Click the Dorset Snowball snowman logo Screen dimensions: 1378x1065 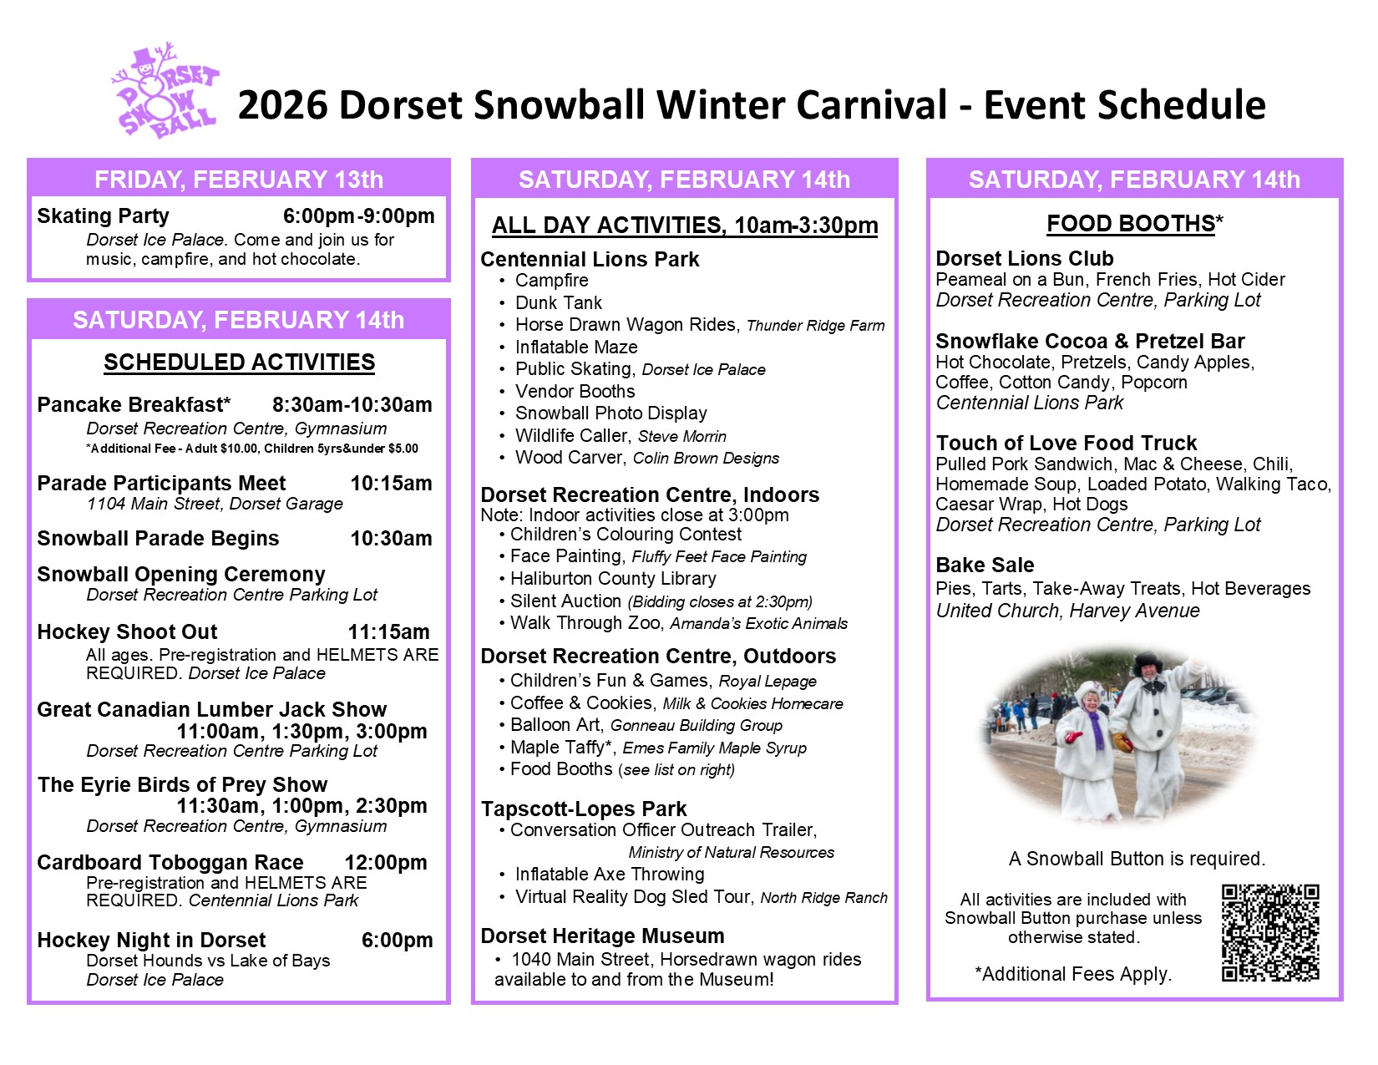pyautogui.click(x=165, y=90)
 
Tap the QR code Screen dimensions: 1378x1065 pyautogui.click(x=1270, y=933)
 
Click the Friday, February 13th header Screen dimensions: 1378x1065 pyautogui.click(x=239, y=180)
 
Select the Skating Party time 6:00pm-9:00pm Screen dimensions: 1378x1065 pyautogui.click(x=358, y=216)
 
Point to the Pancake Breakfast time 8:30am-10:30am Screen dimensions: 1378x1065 pyautogui.click(x=352, y=404)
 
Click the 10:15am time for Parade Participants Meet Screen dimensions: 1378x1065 pyautogui.click(x=391, y=483)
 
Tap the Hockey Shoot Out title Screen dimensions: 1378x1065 pyautogui.click(x=127, y=631)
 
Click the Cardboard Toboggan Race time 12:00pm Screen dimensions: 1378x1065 pyautogui.click(x=386, y=862)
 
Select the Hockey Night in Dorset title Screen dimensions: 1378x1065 pyautogui.click(x=151, y=940)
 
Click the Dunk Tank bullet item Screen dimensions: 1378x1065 pyautogui.click(x=558, y=302)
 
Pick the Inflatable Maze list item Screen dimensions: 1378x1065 pyautogui.click(x=575, y=347)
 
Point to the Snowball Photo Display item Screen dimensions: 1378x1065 pyautogui.click(x=610, y=413)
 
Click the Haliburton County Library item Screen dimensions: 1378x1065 pyautogui.click(x=613, y=579)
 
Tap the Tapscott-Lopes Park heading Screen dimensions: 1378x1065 pyautogui.click(x=584, y=809)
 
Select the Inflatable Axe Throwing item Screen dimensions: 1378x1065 pyautogui.click(x=610, y=874)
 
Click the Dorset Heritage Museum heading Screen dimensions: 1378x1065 pyautogui.click(x=602, y=936)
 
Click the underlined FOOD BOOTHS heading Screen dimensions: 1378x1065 pyautogui.click(x=1130, y=223)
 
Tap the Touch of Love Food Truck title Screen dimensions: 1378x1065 pyautogui.click(x=1066, y=443)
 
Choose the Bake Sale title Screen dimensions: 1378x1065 pyautogui.click(x=985, y=565)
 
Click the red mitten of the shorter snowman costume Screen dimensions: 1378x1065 pyautogui.click(x=1073, y=738)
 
